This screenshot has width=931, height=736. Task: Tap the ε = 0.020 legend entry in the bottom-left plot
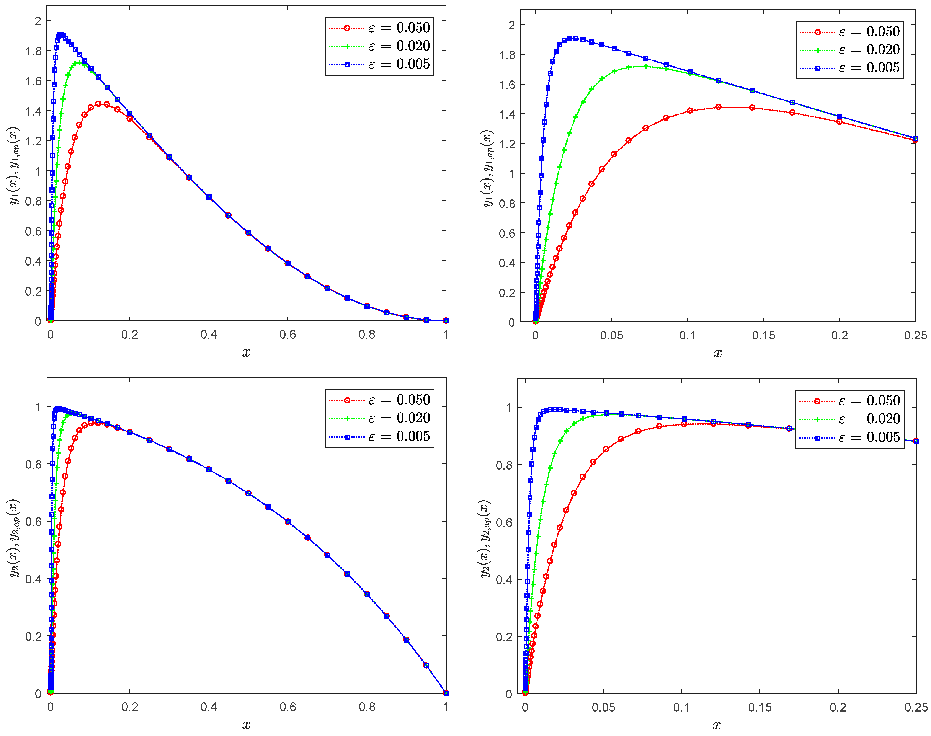point(379,418)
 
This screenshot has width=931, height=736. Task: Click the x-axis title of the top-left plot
point(246,352)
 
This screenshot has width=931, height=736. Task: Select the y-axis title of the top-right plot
point(488,168)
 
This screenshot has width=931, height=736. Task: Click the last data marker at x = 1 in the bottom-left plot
point(446,693)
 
